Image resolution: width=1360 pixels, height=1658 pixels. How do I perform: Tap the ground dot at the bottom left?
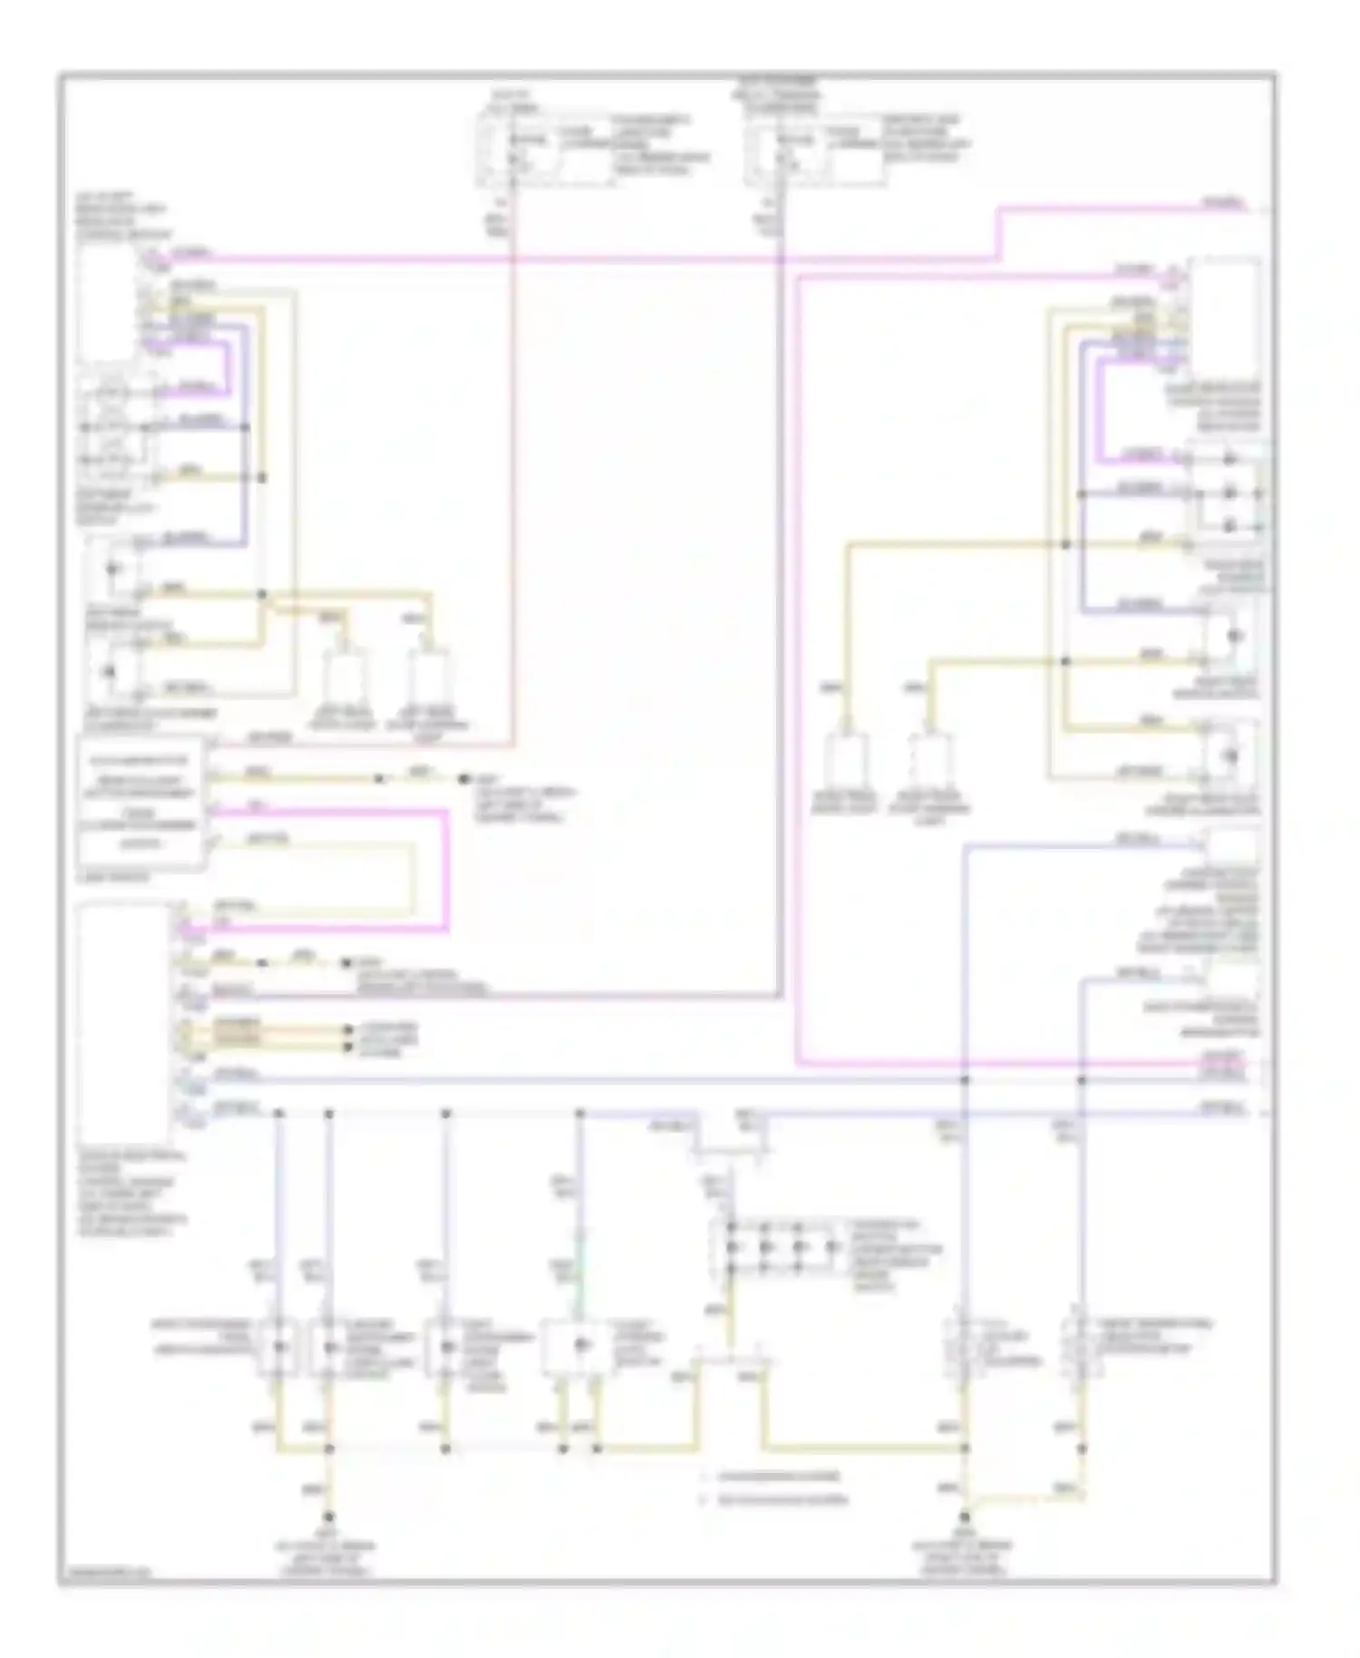click(x=328, y=1517)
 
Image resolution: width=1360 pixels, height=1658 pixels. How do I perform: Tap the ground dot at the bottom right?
click(x=965, y=1517)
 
